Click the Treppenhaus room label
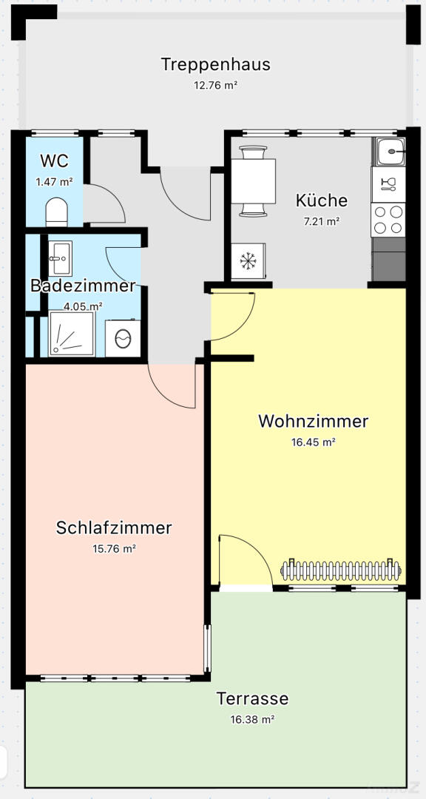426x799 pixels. [x=215, y=64]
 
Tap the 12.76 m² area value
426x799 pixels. [x=215, y=85]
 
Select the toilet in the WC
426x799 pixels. [x=56, y=212]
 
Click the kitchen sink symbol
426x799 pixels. [x=390, y=152]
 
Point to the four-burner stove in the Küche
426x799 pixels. [x=388, y=220]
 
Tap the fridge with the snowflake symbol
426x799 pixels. [x=248, y=261]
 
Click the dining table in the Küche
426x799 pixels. [x=253, y=181]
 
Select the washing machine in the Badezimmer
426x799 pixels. [x=123, y=338]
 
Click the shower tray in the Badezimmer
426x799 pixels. [x=72, y=334]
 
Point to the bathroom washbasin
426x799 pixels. [x=60, y=258]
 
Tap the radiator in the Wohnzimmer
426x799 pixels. [x=341, y=570]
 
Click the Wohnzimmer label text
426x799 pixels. [x=314, y=422]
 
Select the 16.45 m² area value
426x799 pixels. [x=314, y=442]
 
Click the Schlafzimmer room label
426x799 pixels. [x=114, y=528]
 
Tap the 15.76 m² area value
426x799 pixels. [x=114, y=549]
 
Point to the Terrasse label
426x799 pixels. [x=252, y=698]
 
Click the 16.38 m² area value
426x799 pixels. [x=252, y=719]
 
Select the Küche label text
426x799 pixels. [x=322, y=200]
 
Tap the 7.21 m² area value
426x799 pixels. [x=322, y=222]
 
